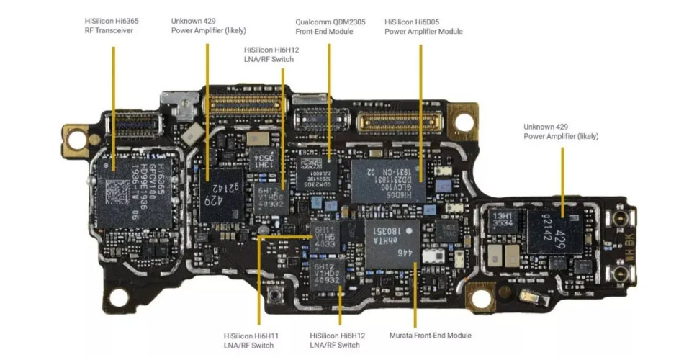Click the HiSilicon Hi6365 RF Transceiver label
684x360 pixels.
point(112,26)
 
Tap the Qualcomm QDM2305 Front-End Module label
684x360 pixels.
point(330,26)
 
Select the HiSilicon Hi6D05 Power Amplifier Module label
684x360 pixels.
point(423,26)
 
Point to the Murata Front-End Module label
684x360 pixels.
point(430,336)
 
